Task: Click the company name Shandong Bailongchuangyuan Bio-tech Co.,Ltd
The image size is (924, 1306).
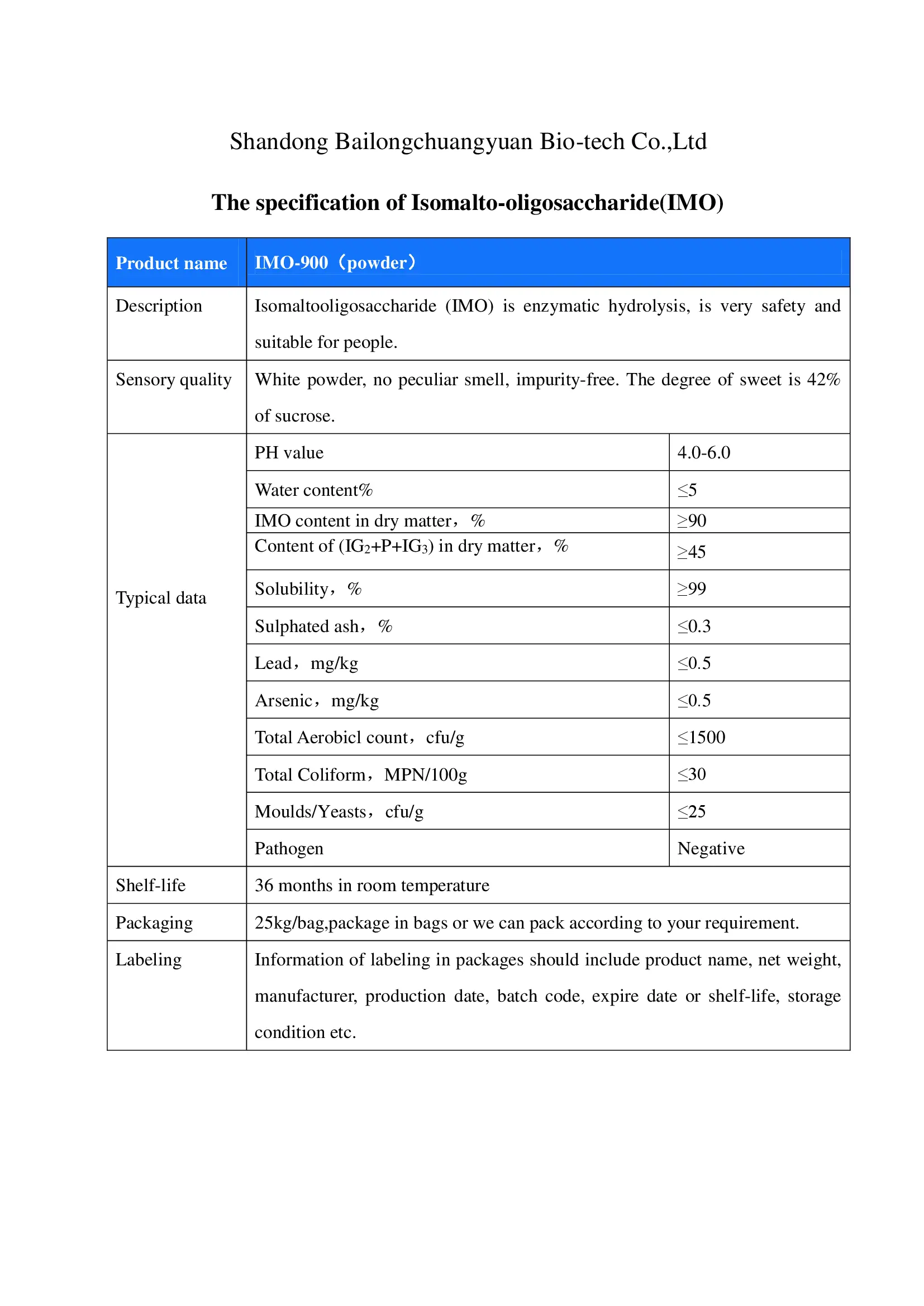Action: click(468, 142)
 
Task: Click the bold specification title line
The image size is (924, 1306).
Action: click(467, 203)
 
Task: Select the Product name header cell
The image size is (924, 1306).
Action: click(172, 263)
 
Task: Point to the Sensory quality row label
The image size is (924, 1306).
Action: click(174, 379)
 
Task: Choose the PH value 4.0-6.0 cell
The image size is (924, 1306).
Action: click(704, 453)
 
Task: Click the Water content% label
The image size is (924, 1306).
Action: click(313, 490)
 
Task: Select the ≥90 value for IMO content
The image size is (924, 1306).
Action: click(691, 520)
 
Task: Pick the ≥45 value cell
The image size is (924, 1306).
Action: click(691, 552)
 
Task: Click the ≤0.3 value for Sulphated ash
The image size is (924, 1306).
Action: click(694, 626)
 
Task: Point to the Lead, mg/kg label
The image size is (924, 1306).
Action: click(306, 663)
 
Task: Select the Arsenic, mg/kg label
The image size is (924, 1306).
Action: click(316, 700)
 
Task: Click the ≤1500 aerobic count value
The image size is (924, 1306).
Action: click(701, 737)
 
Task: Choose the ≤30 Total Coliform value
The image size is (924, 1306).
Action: click(691, 774)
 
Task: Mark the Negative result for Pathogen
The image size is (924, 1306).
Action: click(711, 849)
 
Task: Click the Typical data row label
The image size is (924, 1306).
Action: click(161, 598)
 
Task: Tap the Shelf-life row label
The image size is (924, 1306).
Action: click(151, 886)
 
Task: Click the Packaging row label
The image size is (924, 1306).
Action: click(154, 922)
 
